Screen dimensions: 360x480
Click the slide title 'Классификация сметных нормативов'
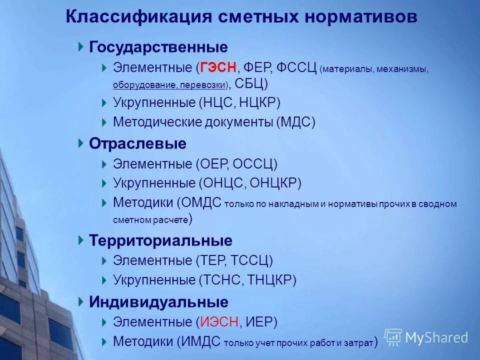241,16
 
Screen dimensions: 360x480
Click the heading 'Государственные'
158,47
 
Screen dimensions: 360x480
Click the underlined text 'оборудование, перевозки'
169,84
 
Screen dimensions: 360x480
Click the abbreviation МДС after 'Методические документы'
295,122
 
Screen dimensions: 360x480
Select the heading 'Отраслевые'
137,144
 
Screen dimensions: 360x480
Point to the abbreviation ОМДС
202,202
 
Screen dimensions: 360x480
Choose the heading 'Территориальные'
160,240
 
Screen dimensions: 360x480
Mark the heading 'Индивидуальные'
158,302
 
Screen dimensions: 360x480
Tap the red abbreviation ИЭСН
219,322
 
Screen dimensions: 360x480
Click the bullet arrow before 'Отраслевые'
81,143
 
